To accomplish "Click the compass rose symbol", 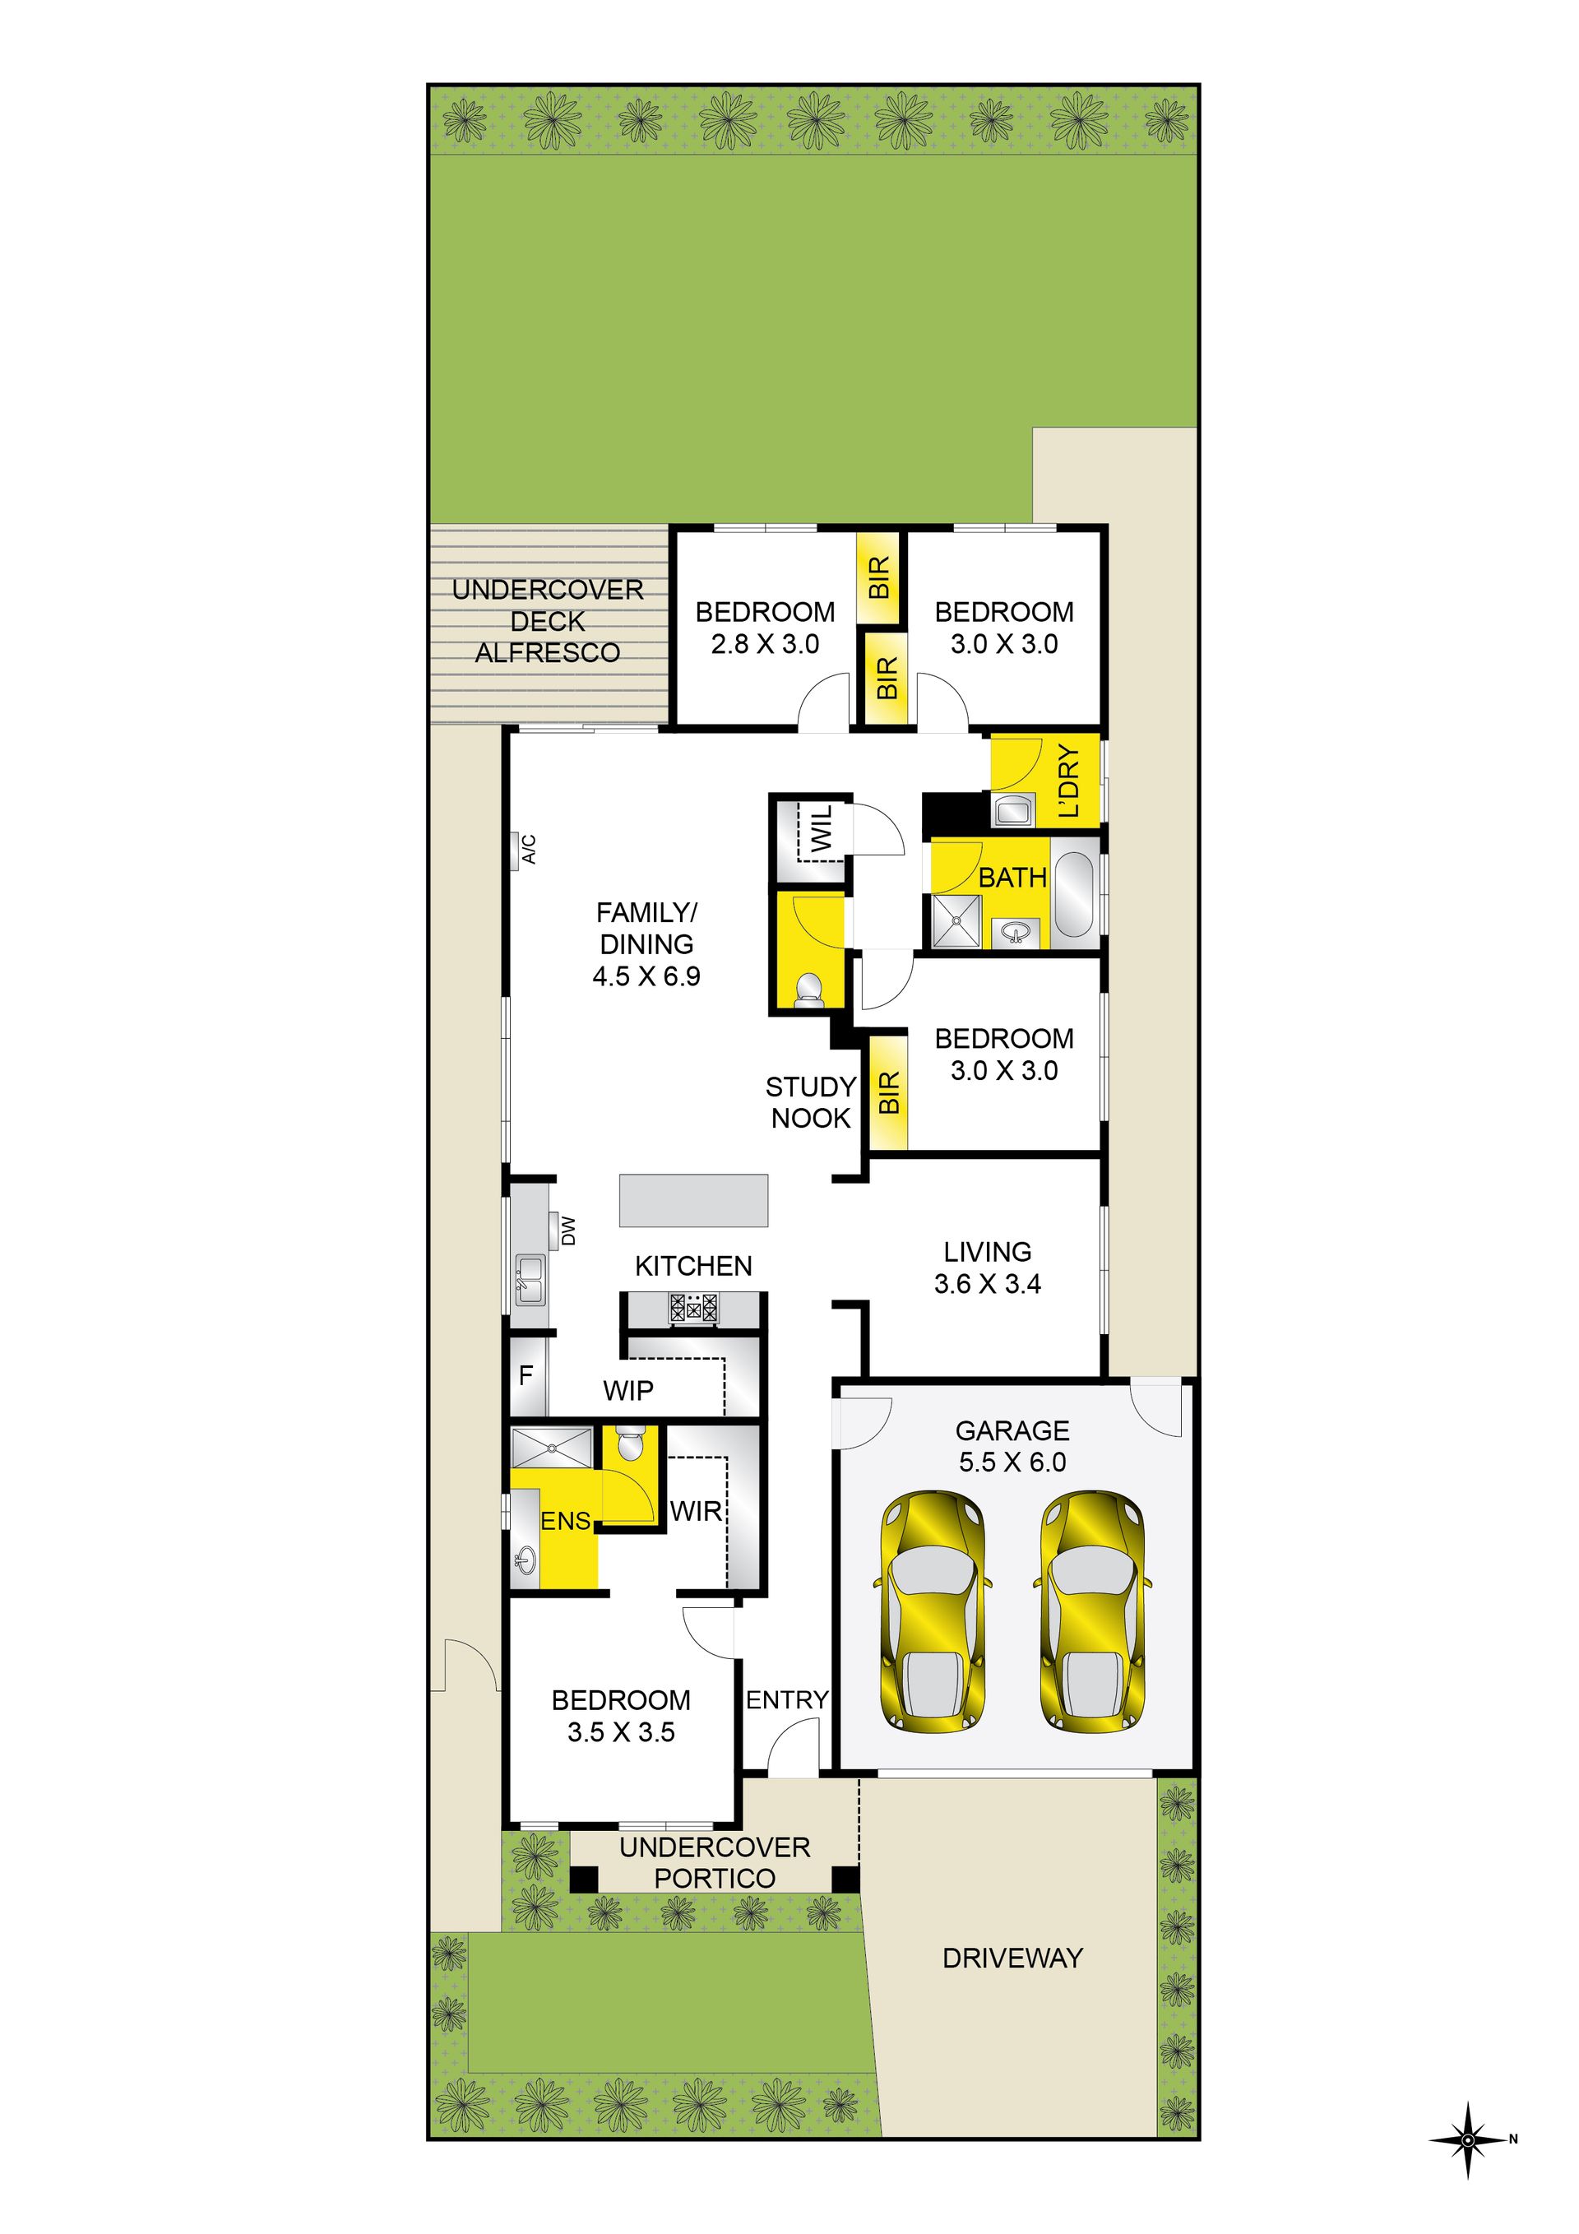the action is (1468, 2139).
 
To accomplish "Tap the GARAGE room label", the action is (1012, 1430).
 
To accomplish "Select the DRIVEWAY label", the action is (1012, 1958).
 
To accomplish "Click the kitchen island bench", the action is (693, 1200).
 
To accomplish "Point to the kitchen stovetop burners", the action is (692, 1307).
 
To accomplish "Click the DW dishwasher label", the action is (569, 1231).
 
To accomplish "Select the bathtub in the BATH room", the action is (1075, 894).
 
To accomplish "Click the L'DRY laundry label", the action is (1068, 781).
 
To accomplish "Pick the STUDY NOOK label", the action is (810, 1101).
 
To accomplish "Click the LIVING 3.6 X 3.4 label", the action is (987, 1267).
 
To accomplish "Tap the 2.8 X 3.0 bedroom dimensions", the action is (765, 643).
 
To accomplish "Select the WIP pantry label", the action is (627, 1389).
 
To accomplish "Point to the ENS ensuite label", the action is (565, 1520).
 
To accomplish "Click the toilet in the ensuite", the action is (629, 1443).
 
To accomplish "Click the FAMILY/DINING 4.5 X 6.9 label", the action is (646, 943).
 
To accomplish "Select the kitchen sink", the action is (530, 1278).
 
